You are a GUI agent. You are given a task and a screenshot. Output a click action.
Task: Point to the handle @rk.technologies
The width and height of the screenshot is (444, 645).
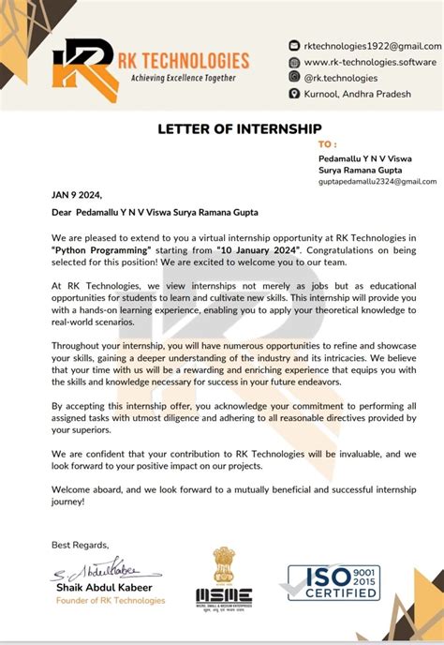[x=341, y=78]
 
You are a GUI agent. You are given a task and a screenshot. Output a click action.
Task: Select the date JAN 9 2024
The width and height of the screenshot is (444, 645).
[x=75, y=196]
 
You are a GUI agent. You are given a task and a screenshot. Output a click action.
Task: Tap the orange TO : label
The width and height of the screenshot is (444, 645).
[x=327, y=144]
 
